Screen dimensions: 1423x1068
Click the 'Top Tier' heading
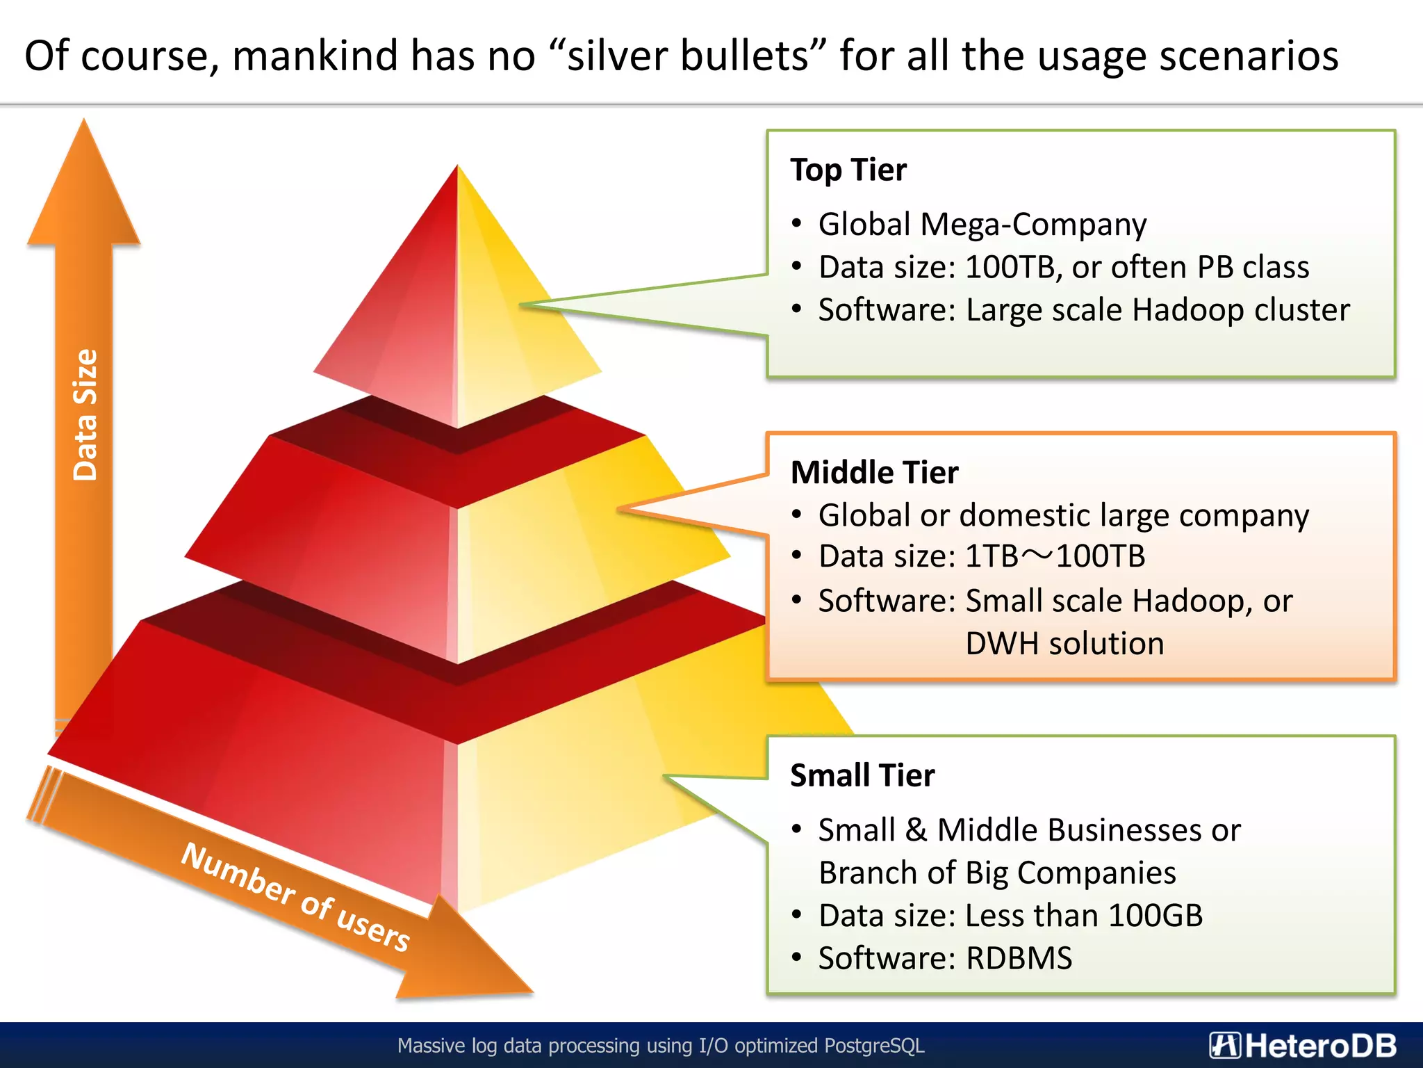click(x=848, y=170)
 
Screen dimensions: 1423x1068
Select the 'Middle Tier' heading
click(x=874, y=473)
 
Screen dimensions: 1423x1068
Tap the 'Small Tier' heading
click(x=862, y=775)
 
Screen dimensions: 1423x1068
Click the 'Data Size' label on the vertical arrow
click(x=85, y=414)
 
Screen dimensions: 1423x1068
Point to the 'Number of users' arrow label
click(x=295, y=896)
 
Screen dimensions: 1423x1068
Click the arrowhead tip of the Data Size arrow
click(x=84, y=125)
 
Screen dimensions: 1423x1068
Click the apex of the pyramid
click(x=457, y=168)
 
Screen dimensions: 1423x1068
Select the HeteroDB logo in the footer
click(x=1303, y=1045)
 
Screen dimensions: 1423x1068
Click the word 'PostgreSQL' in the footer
click(x=874, y=1046)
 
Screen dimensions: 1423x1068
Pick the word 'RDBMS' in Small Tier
click(x=1019, y=958)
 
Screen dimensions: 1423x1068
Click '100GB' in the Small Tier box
click(x=1155, y=916)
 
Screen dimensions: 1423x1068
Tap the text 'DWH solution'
click(x=1064, y=644)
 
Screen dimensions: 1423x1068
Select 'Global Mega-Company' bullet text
click(x=982, y=225)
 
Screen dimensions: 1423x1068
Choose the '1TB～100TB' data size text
click(x=1055, y=556)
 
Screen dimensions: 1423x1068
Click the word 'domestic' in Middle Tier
click(x=1018, y=515)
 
